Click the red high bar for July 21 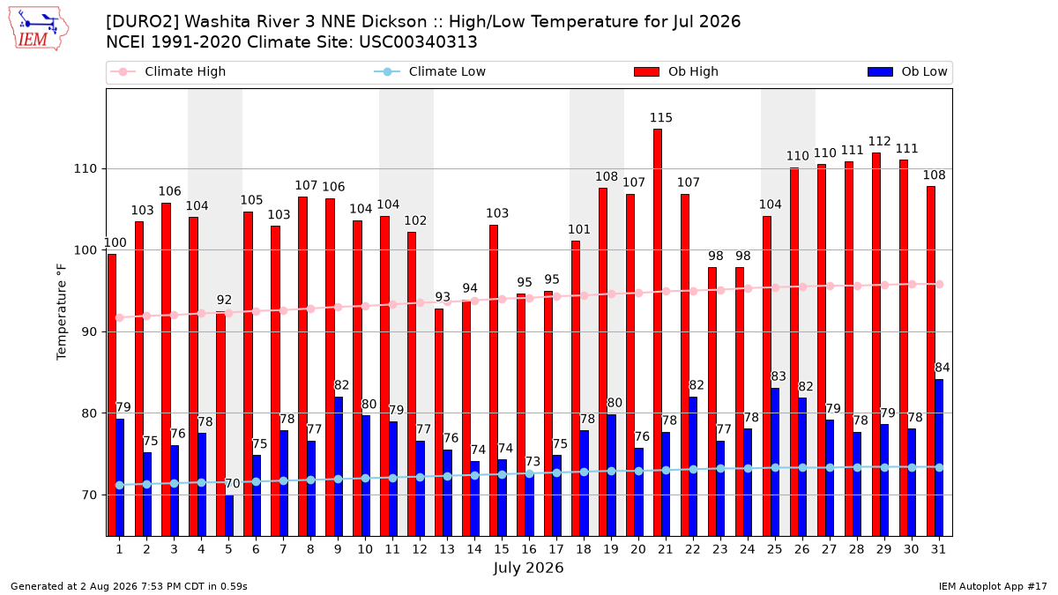pyautogui.click(x=658, y=332)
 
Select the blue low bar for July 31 pyautogui.click(x=939, y=457)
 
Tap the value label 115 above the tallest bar pyautogui.click(x=660, y=117)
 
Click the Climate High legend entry pyautogui.click(x=168, y=71)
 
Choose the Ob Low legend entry pyautogui.click(x=907, y=71)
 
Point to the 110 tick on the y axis pyautogui.click(x=85, y=168)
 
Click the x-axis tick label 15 pyautogui.click(x=502, y=549)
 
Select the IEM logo pyautogui.click(x=39, y=29)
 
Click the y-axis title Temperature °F pyautogui.click(x=62, y=312)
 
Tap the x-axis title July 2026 pyautogui.click(x=528, y=568)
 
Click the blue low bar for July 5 pyautogui.click(x=229, y=515)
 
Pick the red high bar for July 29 pyautogui.click(x=876, y=345)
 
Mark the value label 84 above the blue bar pyautogui.click(x=943, y=368)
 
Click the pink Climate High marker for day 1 pyautogui.click(x=120, y=318)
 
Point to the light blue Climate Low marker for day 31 pyautogui.click(x=940, y=467)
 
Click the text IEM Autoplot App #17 pyautogui.click(x=993, y=586)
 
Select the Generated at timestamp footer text pyautogui.click(x=129, y=586)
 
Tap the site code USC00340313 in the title pyautogui.click(x=418, y=42)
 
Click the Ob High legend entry pyautogui.click(x=676, y=71)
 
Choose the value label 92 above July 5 pyautogui.click(x=224, y=300)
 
